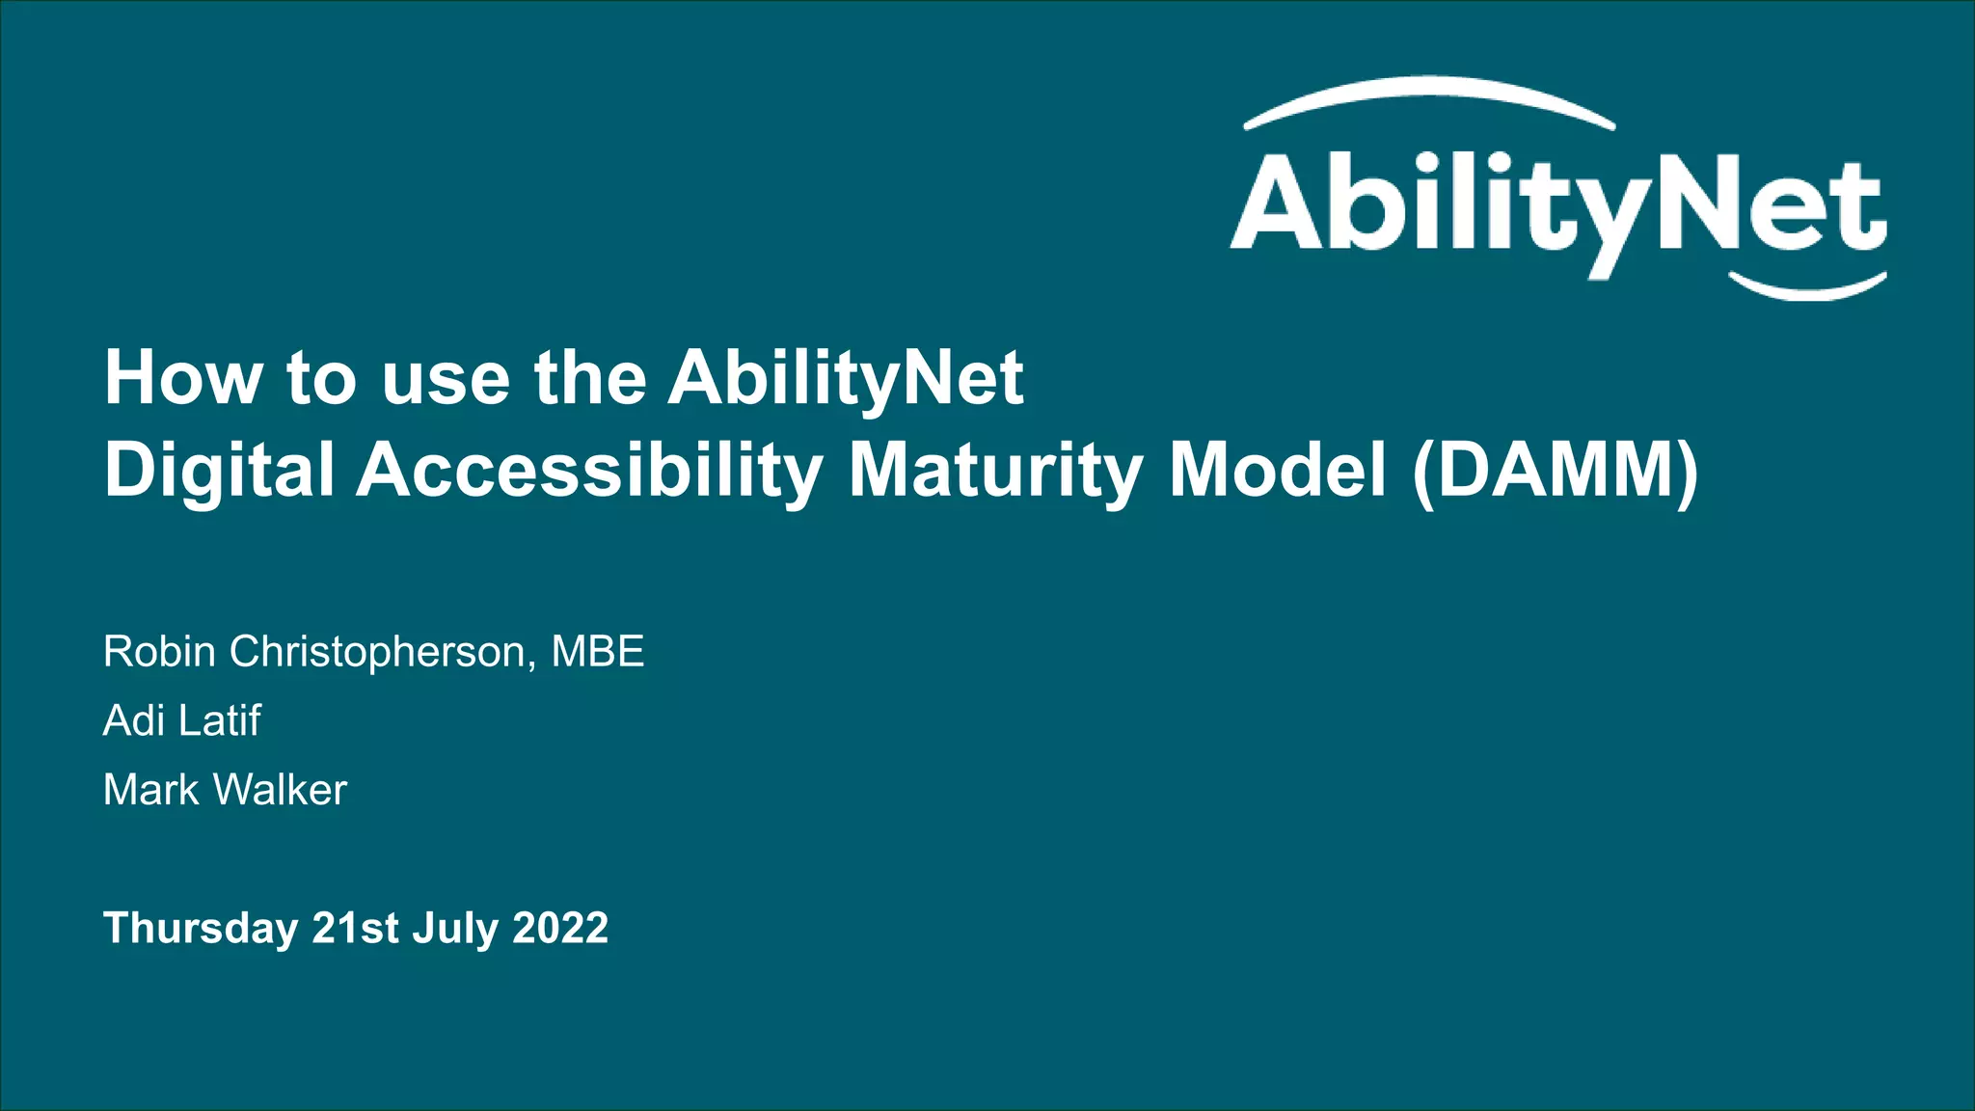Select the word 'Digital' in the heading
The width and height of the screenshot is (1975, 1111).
(220, 471)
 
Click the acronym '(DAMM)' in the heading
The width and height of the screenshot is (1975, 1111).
(1555, 471)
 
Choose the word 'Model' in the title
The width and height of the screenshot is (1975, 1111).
(1277, 471)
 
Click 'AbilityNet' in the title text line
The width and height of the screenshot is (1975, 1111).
(845, 378)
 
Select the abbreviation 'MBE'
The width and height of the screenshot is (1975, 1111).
(597, 652)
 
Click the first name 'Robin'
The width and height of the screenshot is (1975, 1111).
(159, 652)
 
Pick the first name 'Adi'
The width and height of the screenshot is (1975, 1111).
(133, 720)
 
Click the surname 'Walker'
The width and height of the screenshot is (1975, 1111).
(280, 790)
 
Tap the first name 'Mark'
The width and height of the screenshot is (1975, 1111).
(150, 790)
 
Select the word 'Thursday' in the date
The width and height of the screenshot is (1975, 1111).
(201, 929)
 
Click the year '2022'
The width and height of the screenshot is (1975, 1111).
(560, 929)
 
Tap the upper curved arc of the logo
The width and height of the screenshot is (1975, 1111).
(1429, 93)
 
